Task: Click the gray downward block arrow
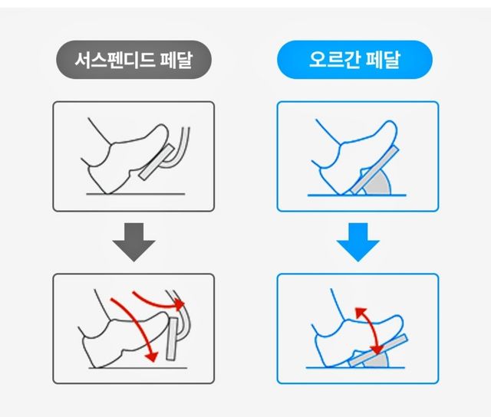(x=133, y=241)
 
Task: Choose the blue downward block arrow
(x=358, y=241)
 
